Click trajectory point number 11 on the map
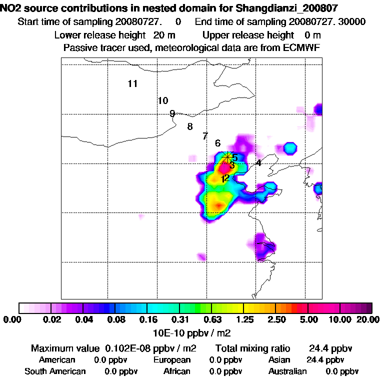coord(132,84)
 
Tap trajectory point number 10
coord(163,101)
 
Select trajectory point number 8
coord(190,127)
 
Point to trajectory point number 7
coord(205,136)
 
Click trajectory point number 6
coord(217,143)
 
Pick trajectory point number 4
coord(258,163)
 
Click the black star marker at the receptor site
coord(228,156)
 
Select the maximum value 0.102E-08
coord(127,348)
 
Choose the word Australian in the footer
coord(287,371)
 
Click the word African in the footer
coord(177,371)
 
